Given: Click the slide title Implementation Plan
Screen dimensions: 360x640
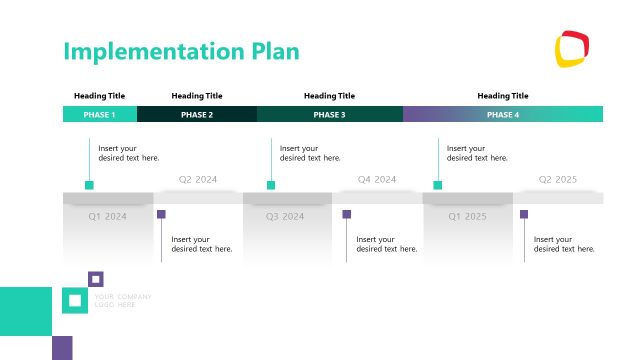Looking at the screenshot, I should point(181,52).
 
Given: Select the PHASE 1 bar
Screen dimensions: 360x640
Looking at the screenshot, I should point(99,115).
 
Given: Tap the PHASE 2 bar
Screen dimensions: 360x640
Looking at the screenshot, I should point(197,115).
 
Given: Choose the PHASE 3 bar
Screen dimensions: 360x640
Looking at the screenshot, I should point(329,115).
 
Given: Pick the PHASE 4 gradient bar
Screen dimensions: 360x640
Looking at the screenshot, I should point(503,115).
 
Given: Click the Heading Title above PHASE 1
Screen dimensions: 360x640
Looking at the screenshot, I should point(99,96).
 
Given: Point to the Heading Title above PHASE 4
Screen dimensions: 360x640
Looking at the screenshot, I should point(503,96).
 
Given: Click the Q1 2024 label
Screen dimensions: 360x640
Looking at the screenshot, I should point(108,216).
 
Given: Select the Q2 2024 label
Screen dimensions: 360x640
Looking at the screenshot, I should point(198,180).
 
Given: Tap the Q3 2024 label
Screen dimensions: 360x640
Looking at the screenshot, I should point(285,216).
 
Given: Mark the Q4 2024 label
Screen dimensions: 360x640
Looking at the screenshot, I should point(378,180).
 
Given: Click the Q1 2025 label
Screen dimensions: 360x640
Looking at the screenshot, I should point(467,216).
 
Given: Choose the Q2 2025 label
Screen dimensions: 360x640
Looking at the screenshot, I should point(558,180).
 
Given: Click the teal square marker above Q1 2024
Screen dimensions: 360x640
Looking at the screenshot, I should point(89,185).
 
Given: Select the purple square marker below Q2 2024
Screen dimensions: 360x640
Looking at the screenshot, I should point(161,214).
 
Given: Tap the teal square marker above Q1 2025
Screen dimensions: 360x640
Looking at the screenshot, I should point(437,185).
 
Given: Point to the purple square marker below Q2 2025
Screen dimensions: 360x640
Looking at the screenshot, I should point(524,214).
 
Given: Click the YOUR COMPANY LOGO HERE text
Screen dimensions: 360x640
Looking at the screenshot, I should point(122,300).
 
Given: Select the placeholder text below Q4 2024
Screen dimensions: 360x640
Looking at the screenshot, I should point(386,244).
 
